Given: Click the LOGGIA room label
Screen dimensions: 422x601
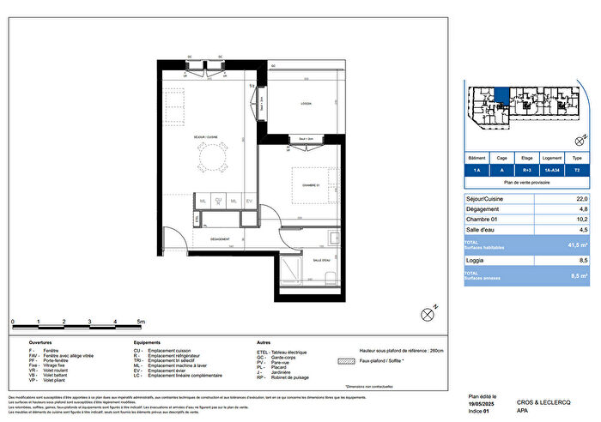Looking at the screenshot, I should pyautogui.click(x=306, y=103).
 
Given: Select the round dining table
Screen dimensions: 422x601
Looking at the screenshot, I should pyautogui.click(x=211, y=156).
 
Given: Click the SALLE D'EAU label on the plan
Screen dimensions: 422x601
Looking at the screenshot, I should pyautogui.click(x=322, y=261).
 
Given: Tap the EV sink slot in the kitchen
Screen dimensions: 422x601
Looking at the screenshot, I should pyautogui.click(x=249, y=202).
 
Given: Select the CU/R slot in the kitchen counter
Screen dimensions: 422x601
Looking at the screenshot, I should pyautogui.click(x=219, y=202).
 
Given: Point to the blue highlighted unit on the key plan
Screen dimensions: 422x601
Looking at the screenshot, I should pyautogui.click(x=501, y=100).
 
